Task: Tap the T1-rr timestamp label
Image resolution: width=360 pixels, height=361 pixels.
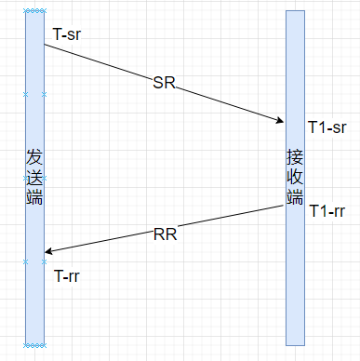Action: pyautogui.click(x=327, y=211)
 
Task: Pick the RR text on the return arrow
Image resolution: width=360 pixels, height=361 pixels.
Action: pyautogui.click(x=165, y=234)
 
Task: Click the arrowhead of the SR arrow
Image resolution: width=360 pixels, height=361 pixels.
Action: pyautogui.click(x=282, y=121)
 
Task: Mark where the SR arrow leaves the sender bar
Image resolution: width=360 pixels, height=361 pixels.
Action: pyautogui.click(x=45, y=44)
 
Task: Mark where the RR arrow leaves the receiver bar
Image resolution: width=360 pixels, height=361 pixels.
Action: pyautogui.click(x=286, y=207)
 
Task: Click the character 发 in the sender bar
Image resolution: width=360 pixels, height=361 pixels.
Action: pyautogui.click(x=34, y=155)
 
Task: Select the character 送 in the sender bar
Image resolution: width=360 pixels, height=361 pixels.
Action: pyautogui.click(x=34, y=177)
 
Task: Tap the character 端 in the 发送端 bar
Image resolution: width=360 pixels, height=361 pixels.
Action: pyautogui.click(x=34, y=196)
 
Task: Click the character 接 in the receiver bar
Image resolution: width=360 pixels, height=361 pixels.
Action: pyautogui.click(x=295, y=155)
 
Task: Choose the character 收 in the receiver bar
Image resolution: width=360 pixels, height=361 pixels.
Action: pyautogui.click(x=295, y=176)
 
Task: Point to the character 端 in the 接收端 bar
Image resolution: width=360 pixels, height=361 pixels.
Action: pyautogui.click(x=295, y=196)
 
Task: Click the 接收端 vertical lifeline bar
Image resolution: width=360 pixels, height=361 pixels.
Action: pyautogui.click(x=295, y=279)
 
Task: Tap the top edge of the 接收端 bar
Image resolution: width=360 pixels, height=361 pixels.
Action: pyautogui.click(x=295, y=11)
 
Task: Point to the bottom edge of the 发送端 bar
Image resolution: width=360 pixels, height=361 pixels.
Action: pyautogui.click(x=34, y=345)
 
